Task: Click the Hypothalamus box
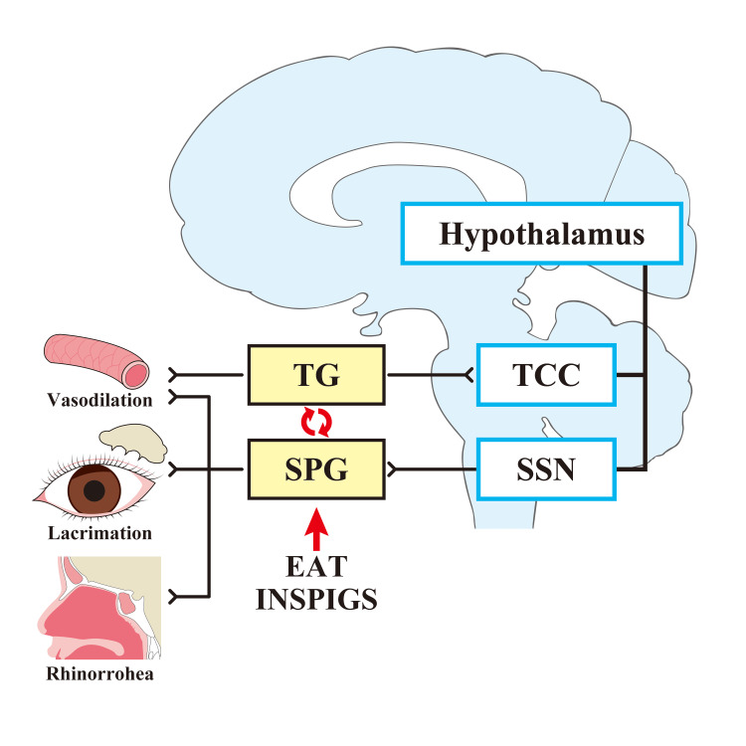coord(541,233)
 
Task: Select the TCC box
coord(546,375)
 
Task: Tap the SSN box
coord(546,469)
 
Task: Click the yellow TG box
coord(316,375)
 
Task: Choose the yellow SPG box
coord(316,469)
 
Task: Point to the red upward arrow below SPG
coord(316,529)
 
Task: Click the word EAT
coord(316,566)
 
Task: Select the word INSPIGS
coord(316,599)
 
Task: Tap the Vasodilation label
coord(99,400)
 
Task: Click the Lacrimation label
coord(99,533)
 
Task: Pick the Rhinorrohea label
coord(99,673)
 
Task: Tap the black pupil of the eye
coord(94,490)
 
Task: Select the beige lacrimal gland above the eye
coord(133,443)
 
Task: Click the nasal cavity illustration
coord(99,608)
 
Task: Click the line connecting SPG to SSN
coord(432,469)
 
